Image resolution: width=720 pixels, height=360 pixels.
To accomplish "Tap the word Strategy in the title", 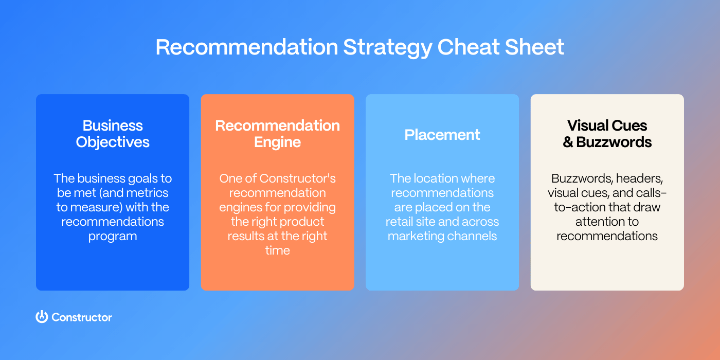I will pos(388,47).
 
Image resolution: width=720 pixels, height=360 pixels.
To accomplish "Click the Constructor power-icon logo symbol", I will pos(42,317).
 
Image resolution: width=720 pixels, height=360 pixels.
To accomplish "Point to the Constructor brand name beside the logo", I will pos(82,317).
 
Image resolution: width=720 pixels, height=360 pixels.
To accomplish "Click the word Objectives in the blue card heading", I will pos(113,142).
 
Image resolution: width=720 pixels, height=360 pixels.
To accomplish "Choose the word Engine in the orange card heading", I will pos(277,142).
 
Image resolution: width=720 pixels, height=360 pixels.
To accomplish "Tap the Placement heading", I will pos(442,135).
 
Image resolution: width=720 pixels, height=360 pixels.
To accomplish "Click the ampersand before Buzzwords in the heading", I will pos(568,142).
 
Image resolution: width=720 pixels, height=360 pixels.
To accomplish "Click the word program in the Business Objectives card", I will pos(113,236).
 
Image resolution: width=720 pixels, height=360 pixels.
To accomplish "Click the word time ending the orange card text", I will pos(277,250).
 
